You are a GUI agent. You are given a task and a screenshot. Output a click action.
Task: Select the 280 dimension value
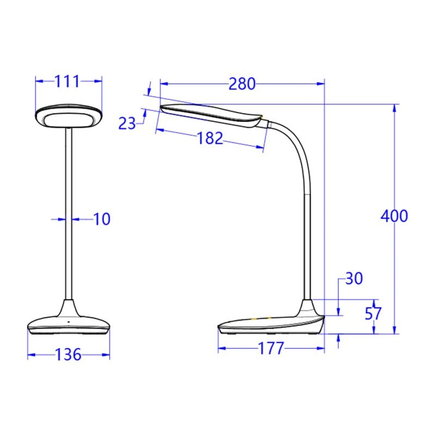click(x=242, y=84)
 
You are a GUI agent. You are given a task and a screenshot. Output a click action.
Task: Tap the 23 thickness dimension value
click(x=127, y=123)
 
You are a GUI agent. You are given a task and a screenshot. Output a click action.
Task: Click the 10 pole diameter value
click(x=101, y=219)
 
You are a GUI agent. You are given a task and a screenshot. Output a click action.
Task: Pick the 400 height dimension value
click(x=394, y=216)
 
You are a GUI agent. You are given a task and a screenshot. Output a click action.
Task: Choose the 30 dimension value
click(x=353, y=279)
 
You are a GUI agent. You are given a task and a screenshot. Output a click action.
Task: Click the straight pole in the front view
click(x=69, y=217)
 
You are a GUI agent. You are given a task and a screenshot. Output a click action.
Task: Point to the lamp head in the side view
click(x=212, y=115)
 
